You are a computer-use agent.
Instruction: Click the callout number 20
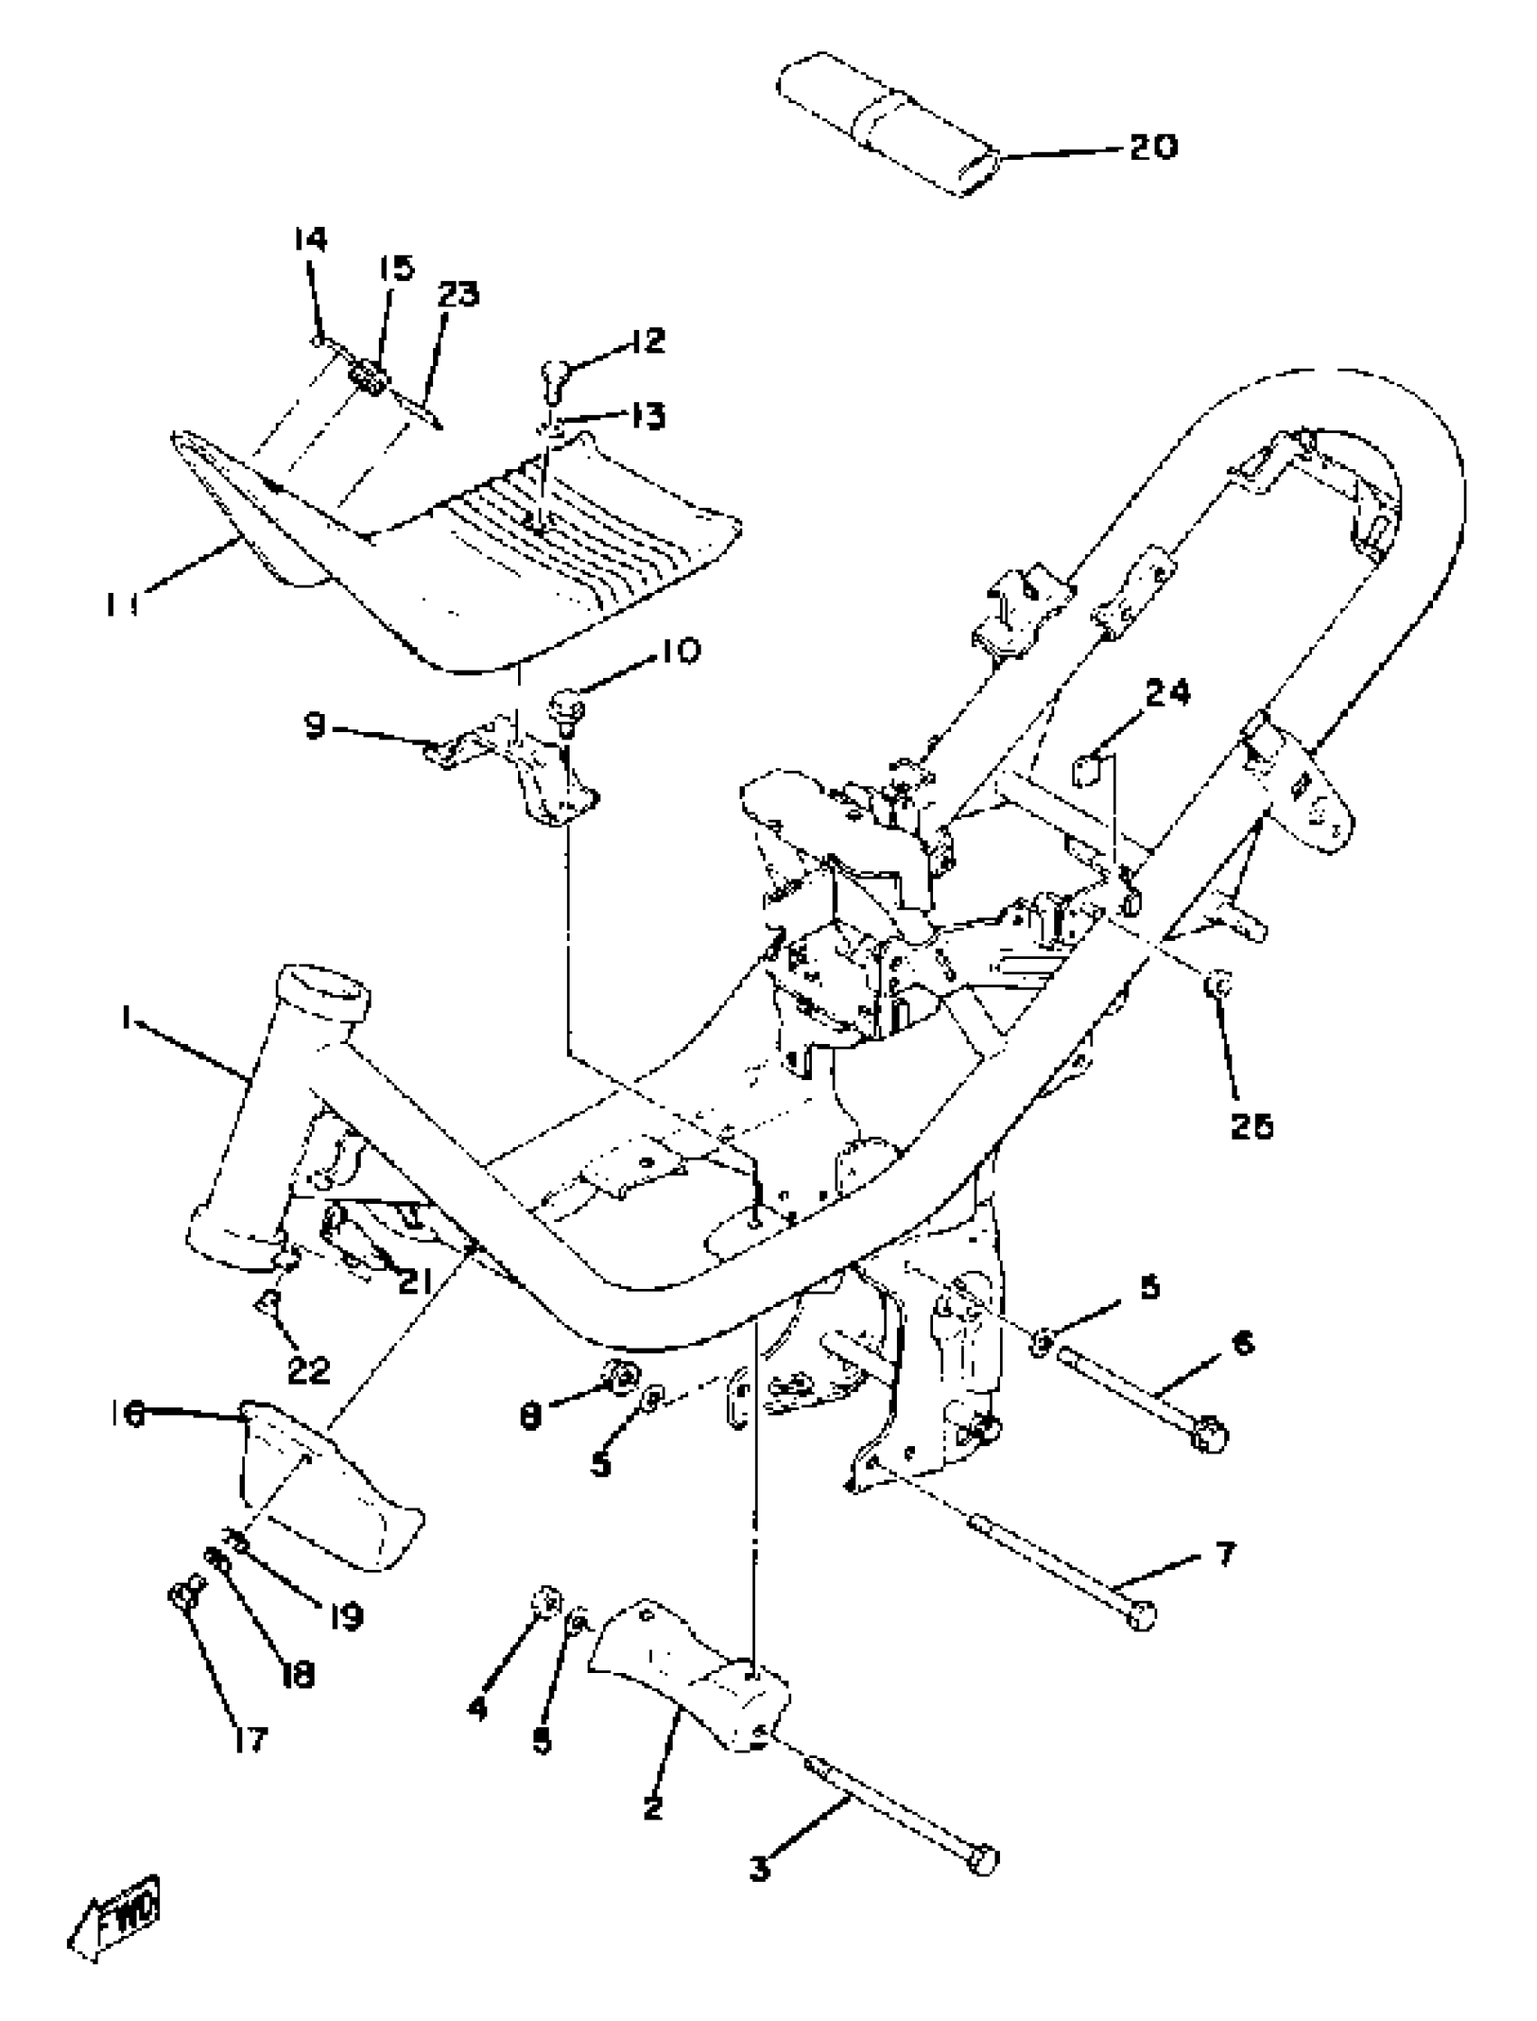point(1152,146)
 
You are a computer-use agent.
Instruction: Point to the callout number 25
point(1250,1126)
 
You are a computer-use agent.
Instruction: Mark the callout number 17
point(248,1739)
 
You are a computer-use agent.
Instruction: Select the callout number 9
point(315,728)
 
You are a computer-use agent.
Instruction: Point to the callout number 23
point(457,295)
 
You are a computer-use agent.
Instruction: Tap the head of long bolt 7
point(1140,1616)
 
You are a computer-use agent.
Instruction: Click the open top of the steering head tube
point(325,990)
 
